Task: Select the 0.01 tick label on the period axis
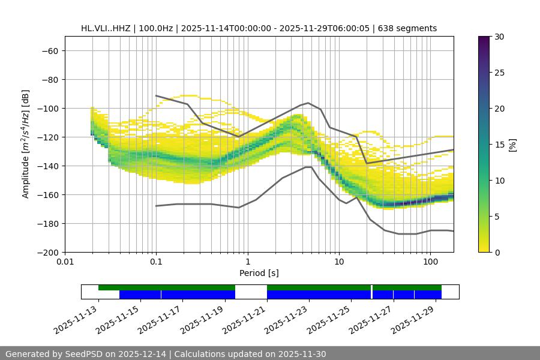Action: coord(65,262)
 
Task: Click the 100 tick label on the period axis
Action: coord(430,262)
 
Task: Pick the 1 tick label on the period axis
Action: coord(248,262)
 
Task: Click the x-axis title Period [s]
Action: coord(259,273)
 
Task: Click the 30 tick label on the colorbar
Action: coord(499,37)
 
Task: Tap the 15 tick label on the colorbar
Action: coord(499,145)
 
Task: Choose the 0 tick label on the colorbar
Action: coord(497,253)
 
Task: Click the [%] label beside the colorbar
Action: coord(512,145)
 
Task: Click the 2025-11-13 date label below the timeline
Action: coord(72,318)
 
